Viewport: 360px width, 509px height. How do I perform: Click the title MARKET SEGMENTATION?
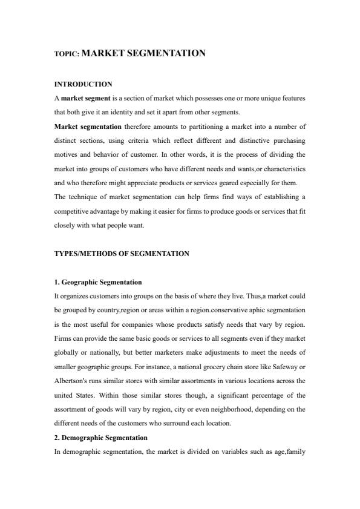(x=143, y=53)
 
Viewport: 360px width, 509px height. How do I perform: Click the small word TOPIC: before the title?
(x=67, y=54)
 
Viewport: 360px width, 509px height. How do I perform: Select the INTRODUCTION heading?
(x=83, y=84)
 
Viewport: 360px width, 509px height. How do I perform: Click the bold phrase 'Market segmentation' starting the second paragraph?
(x=87, y=126)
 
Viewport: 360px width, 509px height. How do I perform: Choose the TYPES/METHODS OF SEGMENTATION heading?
(x=121, y=254)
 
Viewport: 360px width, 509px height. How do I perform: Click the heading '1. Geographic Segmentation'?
(x=98, y=282)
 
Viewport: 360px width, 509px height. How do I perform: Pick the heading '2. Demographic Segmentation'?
(x=100, y=437)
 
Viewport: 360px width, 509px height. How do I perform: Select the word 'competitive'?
(x=73, y=211)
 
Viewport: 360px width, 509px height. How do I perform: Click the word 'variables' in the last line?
(x=226, y=451)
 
